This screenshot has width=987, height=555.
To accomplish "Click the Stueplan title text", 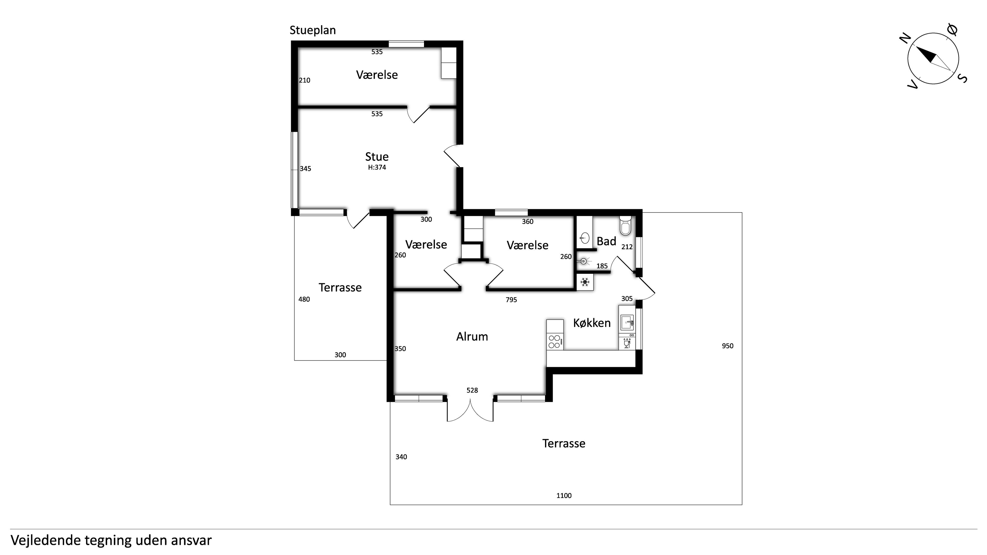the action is [x=313, y=31].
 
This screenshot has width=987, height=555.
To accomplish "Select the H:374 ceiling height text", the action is [x=377, y=167].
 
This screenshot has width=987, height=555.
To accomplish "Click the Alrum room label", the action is [x=472, y=336].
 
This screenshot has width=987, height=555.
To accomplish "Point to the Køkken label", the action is [x=592, y=323].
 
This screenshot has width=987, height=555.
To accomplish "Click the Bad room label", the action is [x=606, y=241].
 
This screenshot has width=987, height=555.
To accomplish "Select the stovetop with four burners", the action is [x=555, y=341].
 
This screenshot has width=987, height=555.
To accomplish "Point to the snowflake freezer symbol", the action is [x=585, y=283].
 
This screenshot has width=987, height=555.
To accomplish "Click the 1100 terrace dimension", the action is [x=564, y=496].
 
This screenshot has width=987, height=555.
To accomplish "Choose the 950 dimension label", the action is [x=728, y=346].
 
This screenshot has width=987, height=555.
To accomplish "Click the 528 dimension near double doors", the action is [x=472, y=390].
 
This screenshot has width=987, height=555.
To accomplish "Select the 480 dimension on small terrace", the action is [x=304, y=299].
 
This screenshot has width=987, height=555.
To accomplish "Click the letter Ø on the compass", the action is [x=952, y=30].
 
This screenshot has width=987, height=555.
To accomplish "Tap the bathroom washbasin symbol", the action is [x=584, y=238].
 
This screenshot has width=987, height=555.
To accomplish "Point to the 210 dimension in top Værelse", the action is [x=305, y=80].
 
